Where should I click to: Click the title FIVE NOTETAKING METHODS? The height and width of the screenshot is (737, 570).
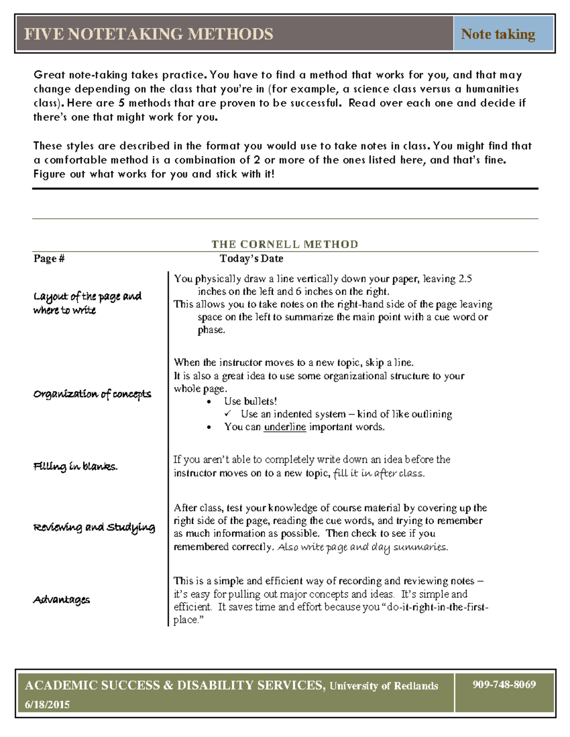point(148,34)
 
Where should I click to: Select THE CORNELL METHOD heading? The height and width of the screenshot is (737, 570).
point(285,244)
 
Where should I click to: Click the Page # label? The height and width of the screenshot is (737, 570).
point(49,259)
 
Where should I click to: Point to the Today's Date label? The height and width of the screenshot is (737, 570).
point(251,259)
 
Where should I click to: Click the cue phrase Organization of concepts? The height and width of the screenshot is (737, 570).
point(92,394)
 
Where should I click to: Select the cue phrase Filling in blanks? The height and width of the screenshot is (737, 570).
point(75,466)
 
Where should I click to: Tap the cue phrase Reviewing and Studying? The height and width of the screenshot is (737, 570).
point(94,528)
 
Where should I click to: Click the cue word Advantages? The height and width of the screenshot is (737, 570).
point(61,600)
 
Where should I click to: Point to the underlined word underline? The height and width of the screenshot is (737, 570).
point(285,427)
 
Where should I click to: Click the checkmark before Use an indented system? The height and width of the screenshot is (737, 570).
point(228,414)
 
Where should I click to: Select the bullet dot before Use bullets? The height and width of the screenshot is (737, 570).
point(209,402)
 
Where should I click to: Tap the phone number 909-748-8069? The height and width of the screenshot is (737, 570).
point(504,684)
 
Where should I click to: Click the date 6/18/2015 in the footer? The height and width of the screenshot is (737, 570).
point(47,705)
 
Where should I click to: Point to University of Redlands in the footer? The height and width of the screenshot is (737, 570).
point(383,686)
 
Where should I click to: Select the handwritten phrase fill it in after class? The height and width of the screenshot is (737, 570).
point(379,473)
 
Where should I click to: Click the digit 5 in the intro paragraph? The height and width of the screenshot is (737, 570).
point(122,103)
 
